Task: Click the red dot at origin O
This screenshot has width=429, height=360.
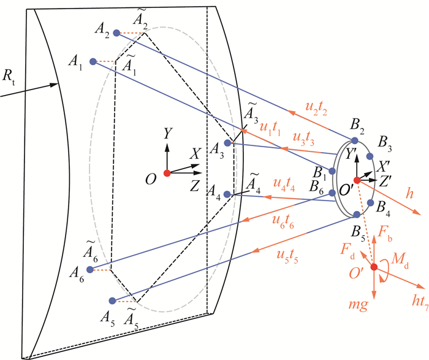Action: pyautogui.click(x=167, y=173)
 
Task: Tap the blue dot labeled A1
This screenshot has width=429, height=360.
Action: pyautogui.click(x=93, y=61)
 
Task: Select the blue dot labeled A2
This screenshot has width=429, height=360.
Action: pyautogui.click(x=116, y=33)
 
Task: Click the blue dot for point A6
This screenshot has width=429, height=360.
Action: pyautogui.click(x=90, y=269)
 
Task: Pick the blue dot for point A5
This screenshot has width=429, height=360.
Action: pyautogui.click(x=112, y=301)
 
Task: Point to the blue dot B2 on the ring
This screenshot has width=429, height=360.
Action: pyautogui.click(x=354, y=140)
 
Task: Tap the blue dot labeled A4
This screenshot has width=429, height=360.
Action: pyautogui.click(x=227, y=194)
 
